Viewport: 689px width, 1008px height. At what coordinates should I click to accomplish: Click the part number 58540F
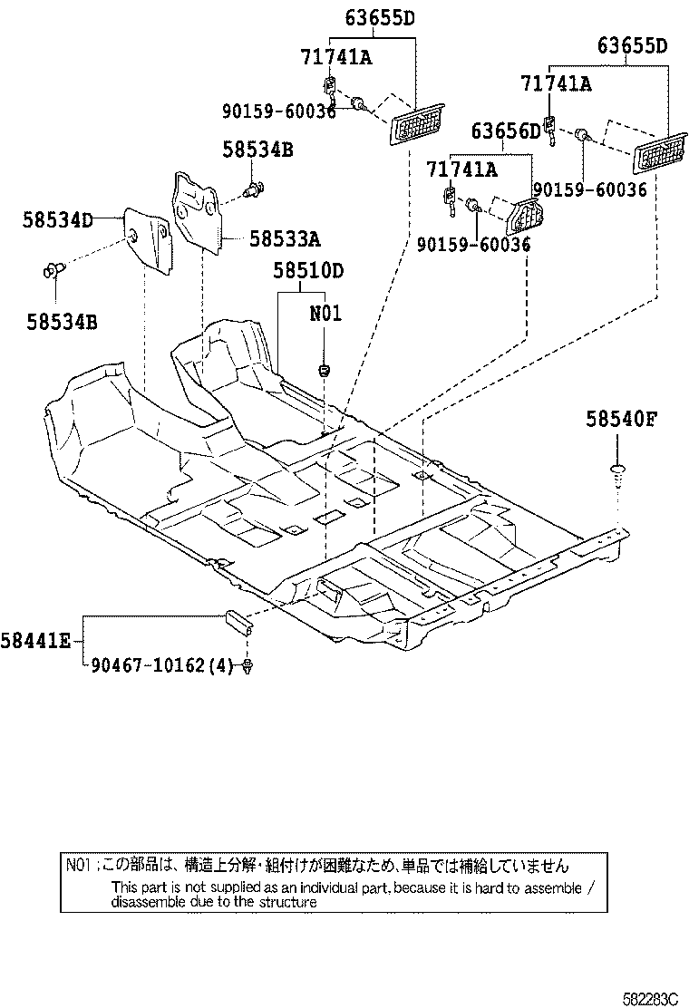620,419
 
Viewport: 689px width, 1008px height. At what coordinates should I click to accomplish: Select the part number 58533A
285,239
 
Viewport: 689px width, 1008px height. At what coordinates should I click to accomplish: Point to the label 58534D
58,218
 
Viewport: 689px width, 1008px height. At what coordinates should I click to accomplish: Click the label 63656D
505,132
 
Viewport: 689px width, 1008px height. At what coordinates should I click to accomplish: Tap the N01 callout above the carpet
325,315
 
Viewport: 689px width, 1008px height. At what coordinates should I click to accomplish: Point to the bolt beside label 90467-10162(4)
247,667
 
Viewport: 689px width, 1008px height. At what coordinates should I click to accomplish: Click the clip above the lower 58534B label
53,268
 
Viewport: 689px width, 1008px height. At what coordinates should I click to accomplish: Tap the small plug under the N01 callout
324,369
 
